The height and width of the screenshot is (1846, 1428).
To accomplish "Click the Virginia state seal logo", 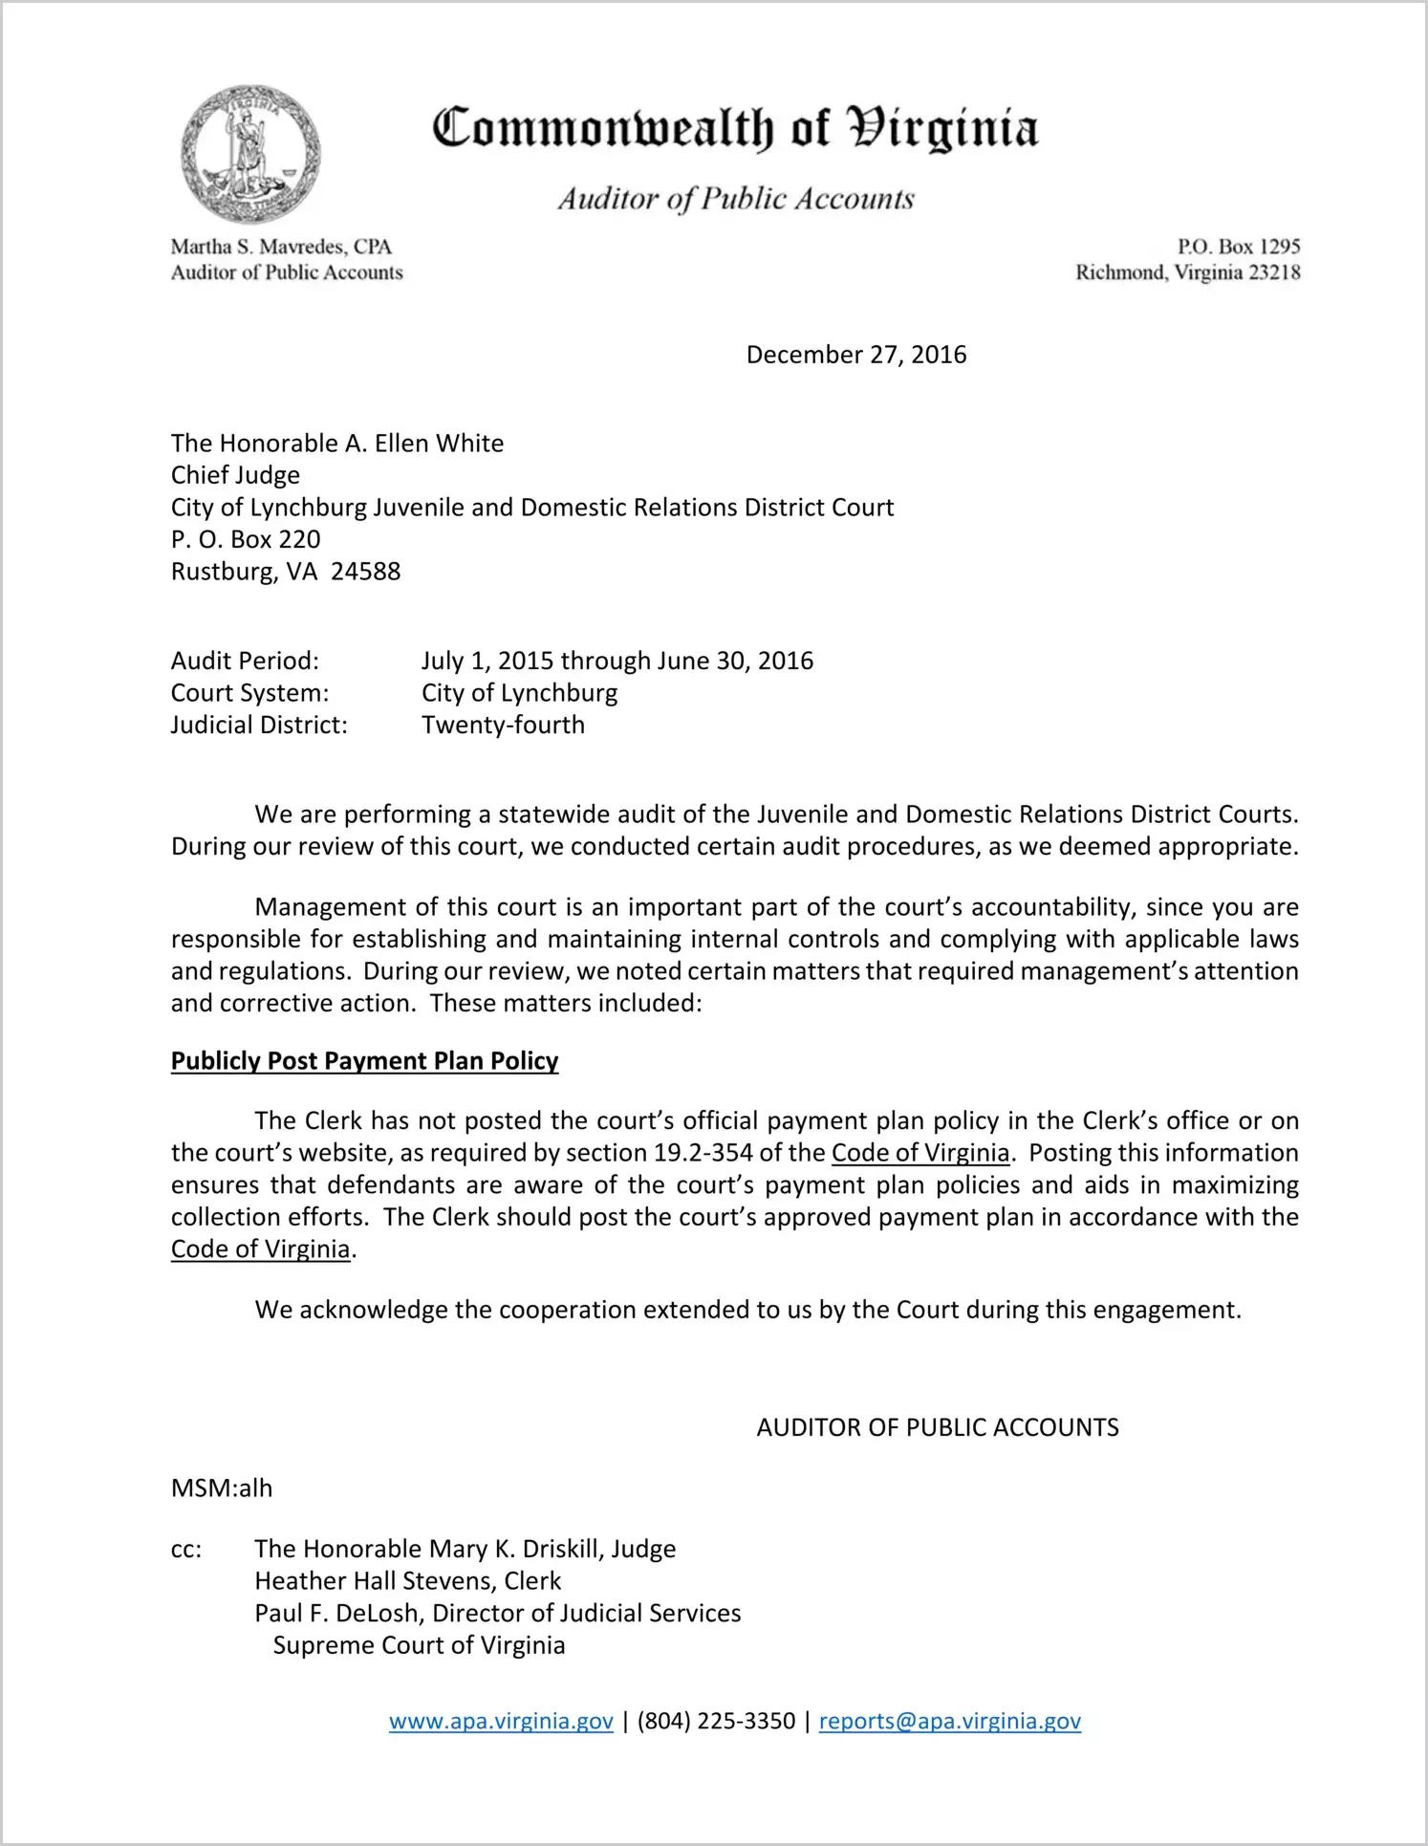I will click(250, 154).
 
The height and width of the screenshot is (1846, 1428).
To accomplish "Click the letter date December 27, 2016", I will click(855, 355).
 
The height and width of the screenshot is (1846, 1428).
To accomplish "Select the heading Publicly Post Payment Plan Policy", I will click(364, 1061).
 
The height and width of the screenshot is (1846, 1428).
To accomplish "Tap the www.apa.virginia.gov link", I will click(501, 1721).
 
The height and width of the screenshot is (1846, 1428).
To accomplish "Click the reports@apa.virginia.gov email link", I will click(949, 1721).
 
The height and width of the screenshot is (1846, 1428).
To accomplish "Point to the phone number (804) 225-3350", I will click(716, 1721).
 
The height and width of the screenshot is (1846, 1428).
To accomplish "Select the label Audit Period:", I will click(245, 661).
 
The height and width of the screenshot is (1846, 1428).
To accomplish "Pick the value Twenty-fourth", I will click(503, 725).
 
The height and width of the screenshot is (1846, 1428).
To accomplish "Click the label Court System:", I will click(249, 693).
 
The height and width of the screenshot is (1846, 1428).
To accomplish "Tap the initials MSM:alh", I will click(222, 1488).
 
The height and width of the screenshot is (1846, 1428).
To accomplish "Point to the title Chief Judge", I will click(235, 475).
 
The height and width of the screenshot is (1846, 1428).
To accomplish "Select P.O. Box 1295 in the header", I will click(1238, 247).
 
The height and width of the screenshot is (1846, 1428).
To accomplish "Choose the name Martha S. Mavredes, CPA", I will click(281, 247).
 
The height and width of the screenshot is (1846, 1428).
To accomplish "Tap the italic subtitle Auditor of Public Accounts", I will click(736, 199).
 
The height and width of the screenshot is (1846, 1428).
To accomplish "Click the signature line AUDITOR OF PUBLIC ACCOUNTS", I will click(937, 1427).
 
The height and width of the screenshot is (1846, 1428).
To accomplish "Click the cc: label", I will click(186, 1550).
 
